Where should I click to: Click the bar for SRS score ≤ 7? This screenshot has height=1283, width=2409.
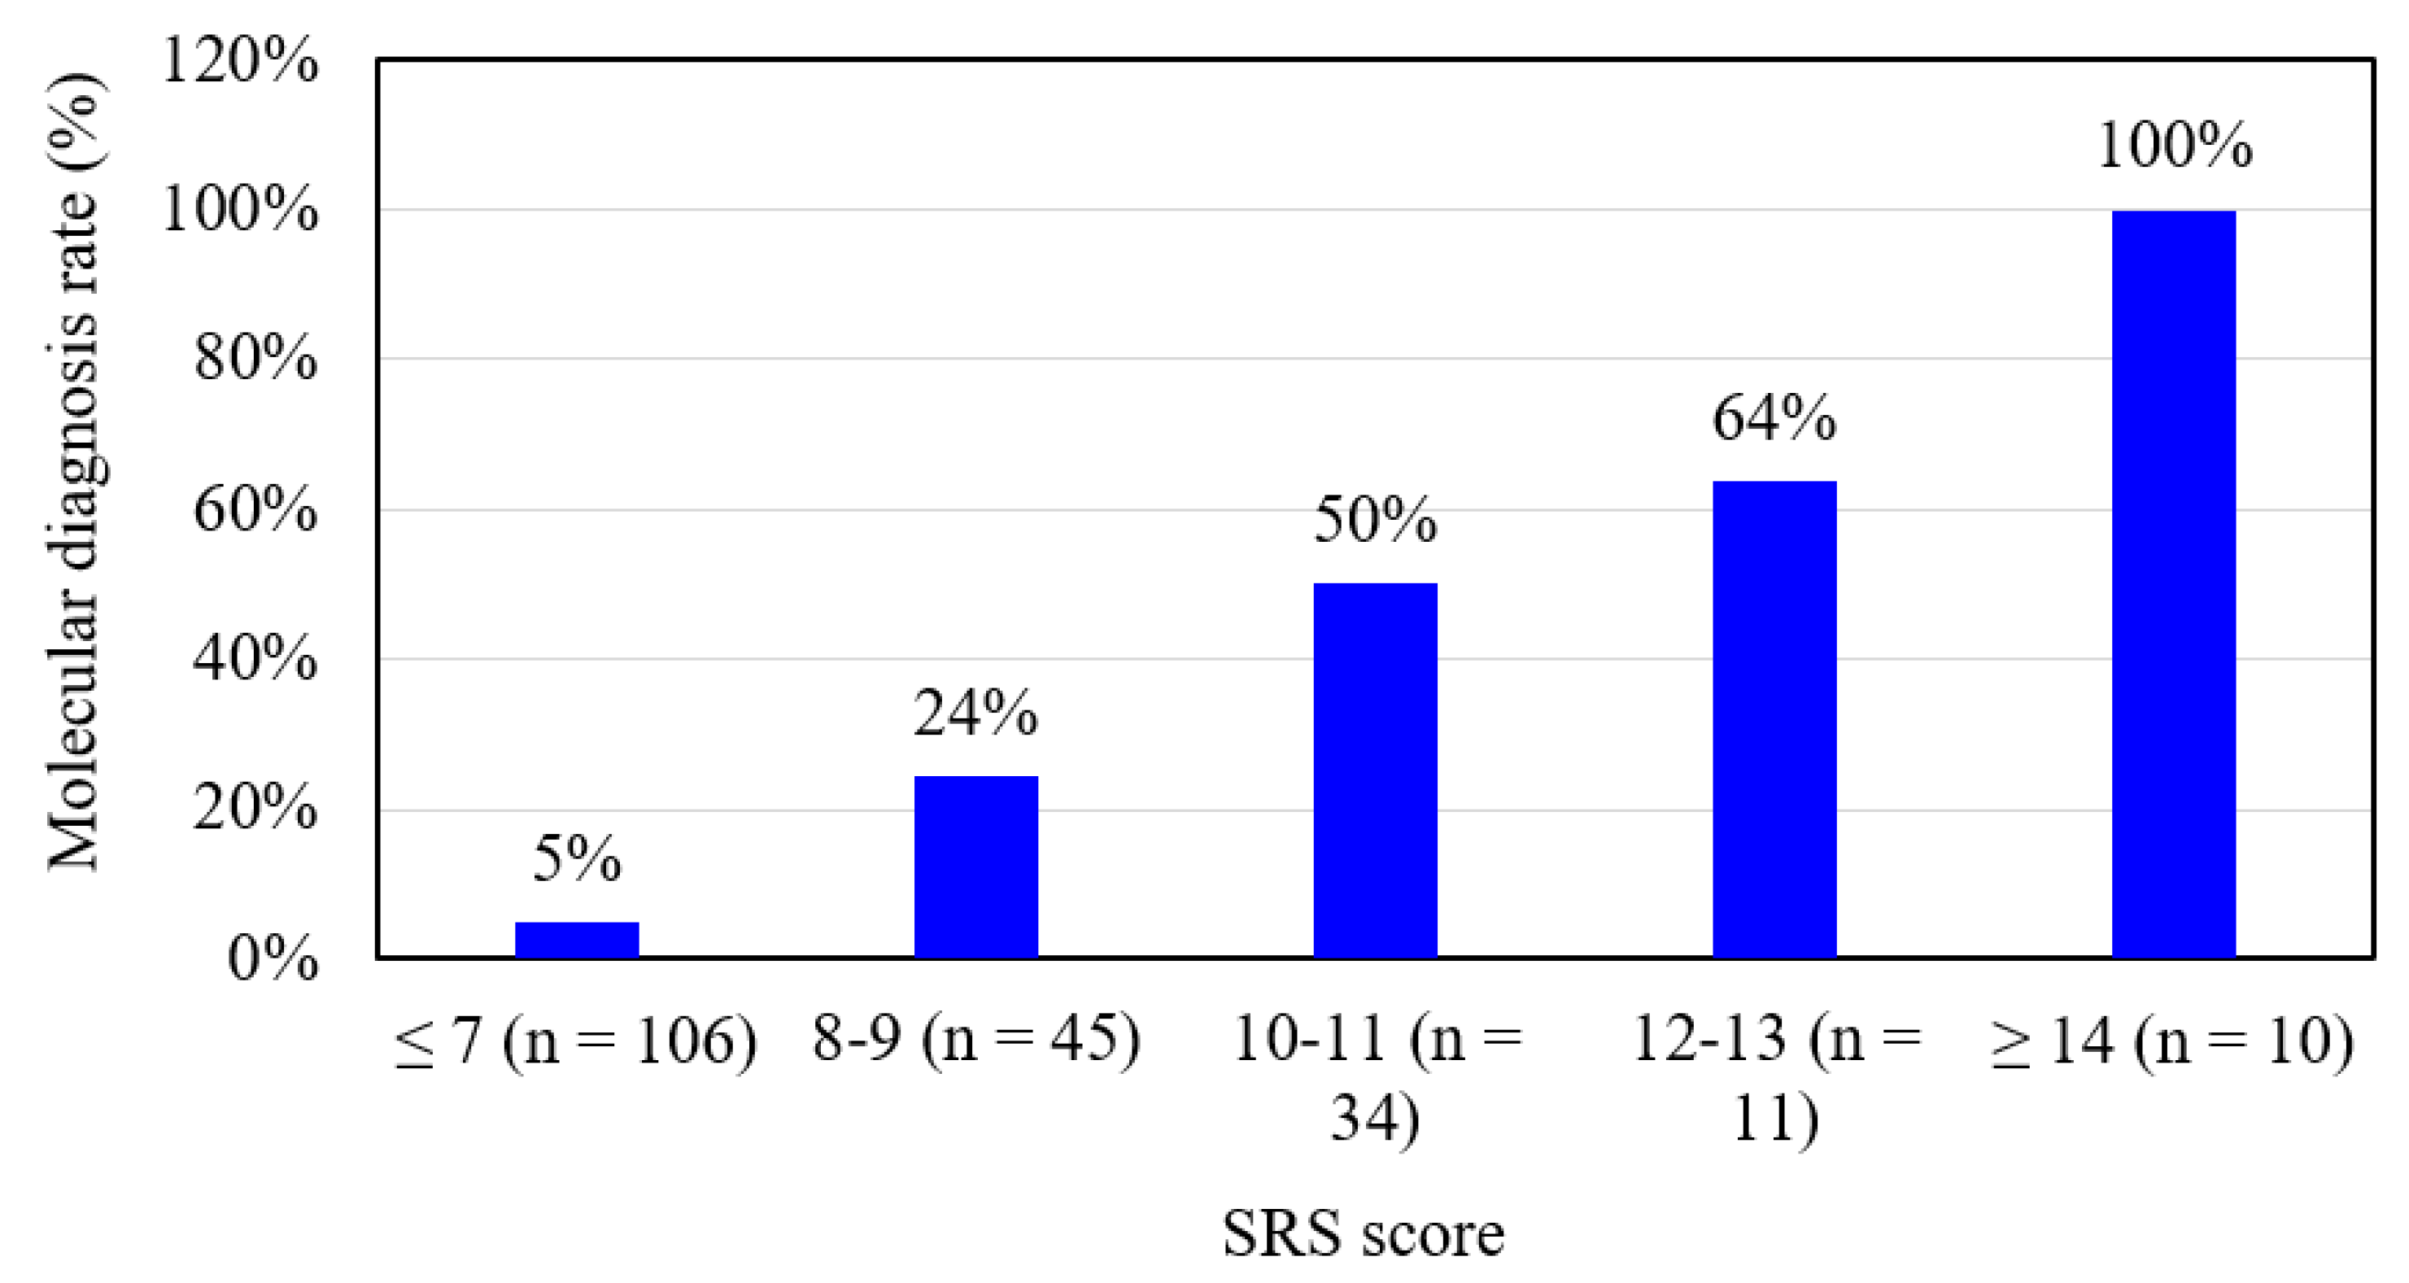coord(577,939)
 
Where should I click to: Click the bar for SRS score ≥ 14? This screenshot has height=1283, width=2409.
coord(2173,583)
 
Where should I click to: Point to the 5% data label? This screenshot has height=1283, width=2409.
coord(577,858)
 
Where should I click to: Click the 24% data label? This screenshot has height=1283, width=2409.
coord(975,713)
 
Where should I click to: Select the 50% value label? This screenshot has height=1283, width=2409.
coord(1375,520)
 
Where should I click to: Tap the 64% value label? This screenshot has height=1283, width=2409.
coord(1774,418)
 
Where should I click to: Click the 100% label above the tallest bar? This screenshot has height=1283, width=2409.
coord(2174,146)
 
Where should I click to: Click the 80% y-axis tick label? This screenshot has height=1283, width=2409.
coord(255,358)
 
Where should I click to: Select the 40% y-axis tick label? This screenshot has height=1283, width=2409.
coord(255,659)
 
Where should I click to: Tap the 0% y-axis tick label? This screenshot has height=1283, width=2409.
coord(272,959)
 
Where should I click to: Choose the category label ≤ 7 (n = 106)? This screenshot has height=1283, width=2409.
coord(576,1041)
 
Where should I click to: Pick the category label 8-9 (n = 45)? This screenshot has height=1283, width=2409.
coord(975,1039)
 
